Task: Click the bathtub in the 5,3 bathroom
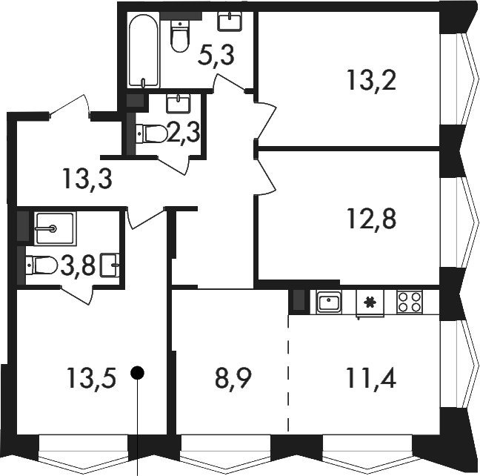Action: [144, 50]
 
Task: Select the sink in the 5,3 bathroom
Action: [230, 22]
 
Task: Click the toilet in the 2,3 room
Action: [151, 133]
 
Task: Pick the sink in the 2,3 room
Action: [179, 103]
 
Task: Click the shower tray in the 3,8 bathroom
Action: [55, 228]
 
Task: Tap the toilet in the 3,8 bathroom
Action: [42, 265]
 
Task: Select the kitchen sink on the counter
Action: [329, 302]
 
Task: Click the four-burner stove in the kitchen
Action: [410, 302]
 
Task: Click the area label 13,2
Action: [372, 80]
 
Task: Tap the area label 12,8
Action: [372, 219]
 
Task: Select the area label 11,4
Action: [372, 377]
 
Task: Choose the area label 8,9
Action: [233, 378]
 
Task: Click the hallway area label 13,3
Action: [87, 179]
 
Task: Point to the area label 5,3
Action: [216, 56]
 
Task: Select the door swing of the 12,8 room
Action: [265, 175]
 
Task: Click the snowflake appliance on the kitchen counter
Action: [370, 303]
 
